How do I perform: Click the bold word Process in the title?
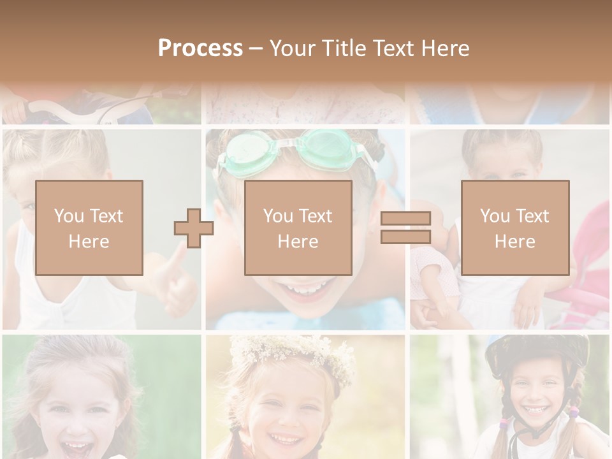[200, 48]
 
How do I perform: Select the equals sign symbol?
[405, 228]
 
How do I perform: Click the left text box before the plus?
[89, 228]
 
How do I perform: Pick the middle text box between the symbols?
[298, 228]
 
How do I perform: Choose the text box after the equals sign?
[514, 228]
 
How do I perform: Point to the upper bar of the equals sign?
[405, 219]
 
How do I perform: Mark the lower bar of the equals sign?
[405, 237]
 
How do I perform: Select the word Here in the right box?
[514, 242]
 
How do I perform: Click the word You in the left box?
[69, 215]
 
